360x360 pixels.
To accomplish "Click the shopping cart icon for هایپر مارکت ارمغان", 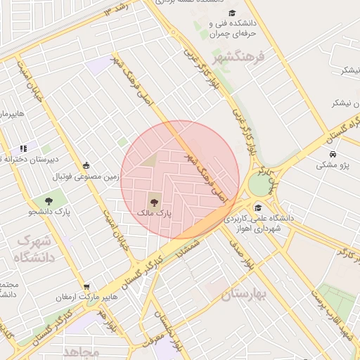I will coord(86,287).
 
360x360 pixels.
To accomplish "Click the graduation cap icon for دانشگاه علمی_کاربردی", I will coord(259,208).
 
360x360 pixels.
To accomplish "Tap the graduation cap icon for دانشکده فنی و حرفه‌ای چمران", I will coord(232,13).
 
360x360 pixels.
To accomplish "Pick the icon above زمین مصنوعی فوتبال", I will coord(86,165).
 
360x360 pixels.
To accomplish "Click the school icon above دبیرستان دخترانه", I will coord(23,148).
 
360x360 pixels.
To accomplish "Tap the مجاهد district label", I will coord(82,350).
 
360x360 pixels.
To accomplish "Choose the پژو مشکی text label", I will coord(333,165).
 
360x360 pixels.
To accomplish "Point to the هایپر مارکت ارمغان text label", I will coord(85,298).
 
